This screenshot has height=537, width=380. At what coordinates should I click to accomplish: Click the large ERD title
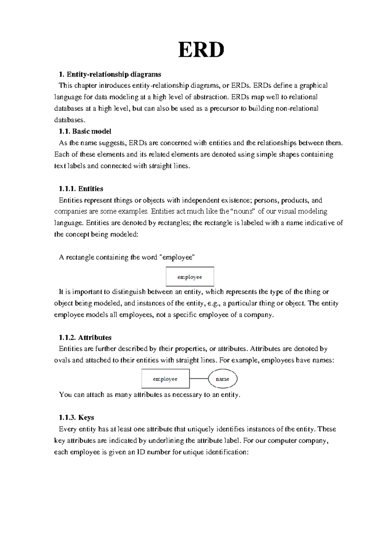[201, 50]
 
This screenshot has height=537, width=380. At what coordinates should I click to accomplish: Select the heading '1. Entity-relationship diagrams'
[110, 74]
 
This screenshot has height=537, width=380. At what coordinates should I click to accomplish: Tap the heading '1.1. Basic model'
[85, 131]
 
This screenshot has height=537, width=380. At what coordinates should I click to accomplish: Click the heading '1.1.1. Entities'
[81, 189]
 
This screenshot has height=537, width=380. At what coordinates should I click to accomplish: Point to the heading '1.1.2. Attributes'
[85, 338]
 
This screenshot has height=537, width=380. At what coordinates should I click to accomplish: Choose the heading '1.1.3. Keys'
[76, 418]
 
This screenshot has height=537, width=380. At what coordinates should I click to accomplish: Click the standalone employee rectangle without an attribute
[190, 277]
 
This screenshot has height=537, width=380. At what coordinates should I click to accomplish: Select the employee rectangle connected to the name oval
[165, 379]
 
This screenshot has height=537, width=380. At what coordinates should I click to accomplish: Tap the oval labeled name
[223, 379]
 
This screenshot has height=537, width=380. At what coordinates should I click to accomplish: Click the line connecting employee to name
[199, 379]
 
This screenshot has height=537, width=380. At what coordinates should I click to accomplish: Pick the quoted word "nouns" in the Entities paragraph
[244, 212]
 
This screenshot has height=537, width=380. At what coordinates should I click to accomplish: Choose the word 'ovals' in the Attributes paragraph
[62, 360]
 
